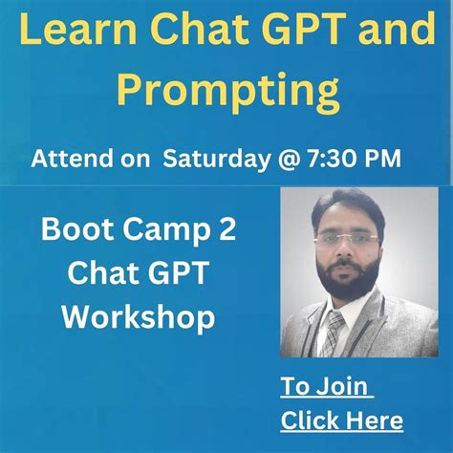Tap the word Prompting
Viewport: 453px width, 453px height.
coord(227,93)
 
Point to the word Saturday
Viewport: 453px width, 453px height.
coord(211,159)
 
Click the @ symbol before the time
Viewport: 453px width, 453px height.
coord(281,159)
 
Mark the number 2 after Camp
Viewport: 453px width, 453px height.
coord(223,231)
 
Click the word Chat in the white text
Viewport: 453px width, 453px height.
coord(106,274)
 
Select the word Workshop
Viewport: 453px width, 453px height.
coord(139,316)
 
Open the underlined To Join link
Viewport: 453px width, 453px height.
coord(325,387)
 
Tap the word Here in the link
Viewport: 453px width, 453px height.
coord(372,421)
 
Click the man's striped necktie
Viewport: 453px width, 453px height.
coord(333,334)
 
